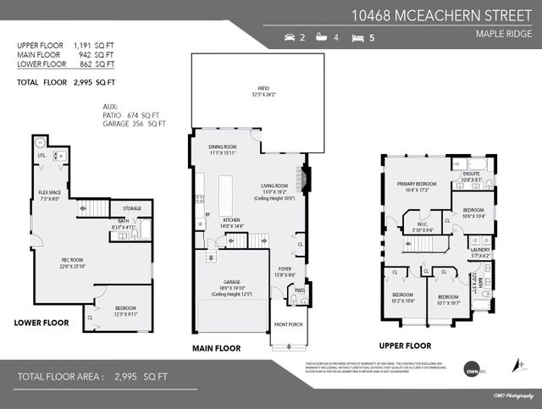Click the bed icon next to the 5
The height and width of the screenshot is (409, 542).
(357, 38)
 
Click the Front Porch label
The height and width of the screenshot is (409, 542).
(288, 324)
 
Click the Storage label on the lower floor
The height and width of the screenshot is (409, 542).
(131, 207)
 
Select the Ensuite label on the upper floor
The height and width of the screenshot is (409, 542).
(473, 174)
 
